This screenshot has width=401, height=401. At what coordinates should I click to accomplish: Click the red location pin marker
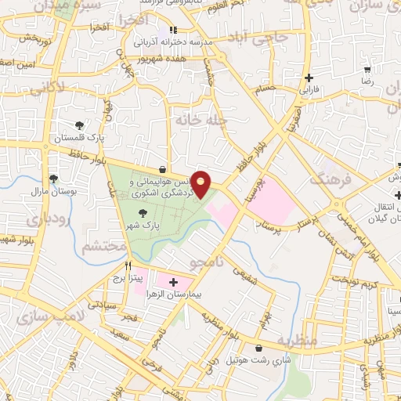coord(202,184)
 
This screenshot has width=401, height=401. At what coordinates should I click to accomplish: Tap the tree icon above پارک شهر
coord(142,212)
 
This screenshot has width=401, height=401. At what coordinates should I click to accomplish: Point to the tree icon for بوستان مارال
coord(53,179)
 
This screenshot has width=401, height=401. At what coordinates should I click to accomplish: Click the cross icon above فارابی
coord(310,78)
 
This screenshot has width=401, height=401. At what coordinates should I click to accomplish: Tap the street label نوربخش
coord(37,38)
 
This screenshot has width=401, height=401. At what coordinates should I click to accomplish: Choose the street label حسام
coord(263,90)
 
